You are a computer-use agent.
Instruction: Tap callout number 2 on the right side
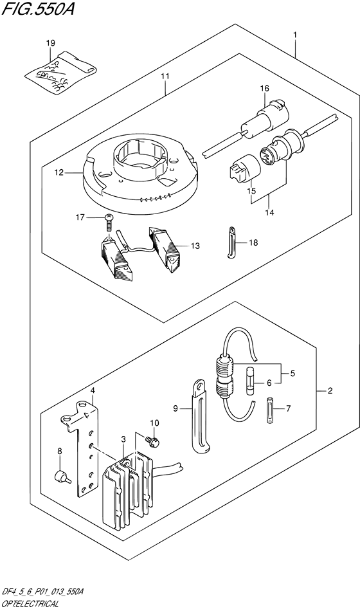coord(329,390)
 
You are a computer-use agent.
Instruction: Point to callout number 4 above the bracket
coord(93,390)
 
